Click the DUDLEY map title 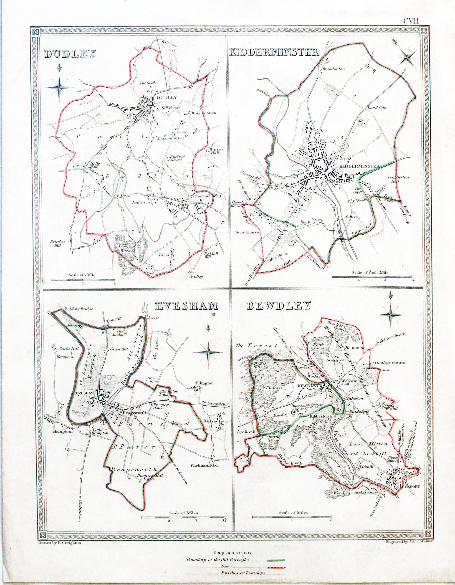coord(70,54)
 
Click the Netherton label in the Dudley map coord(141,203)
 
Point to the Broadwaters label coord(333,69)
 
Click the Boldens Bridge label coord(78,309)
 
